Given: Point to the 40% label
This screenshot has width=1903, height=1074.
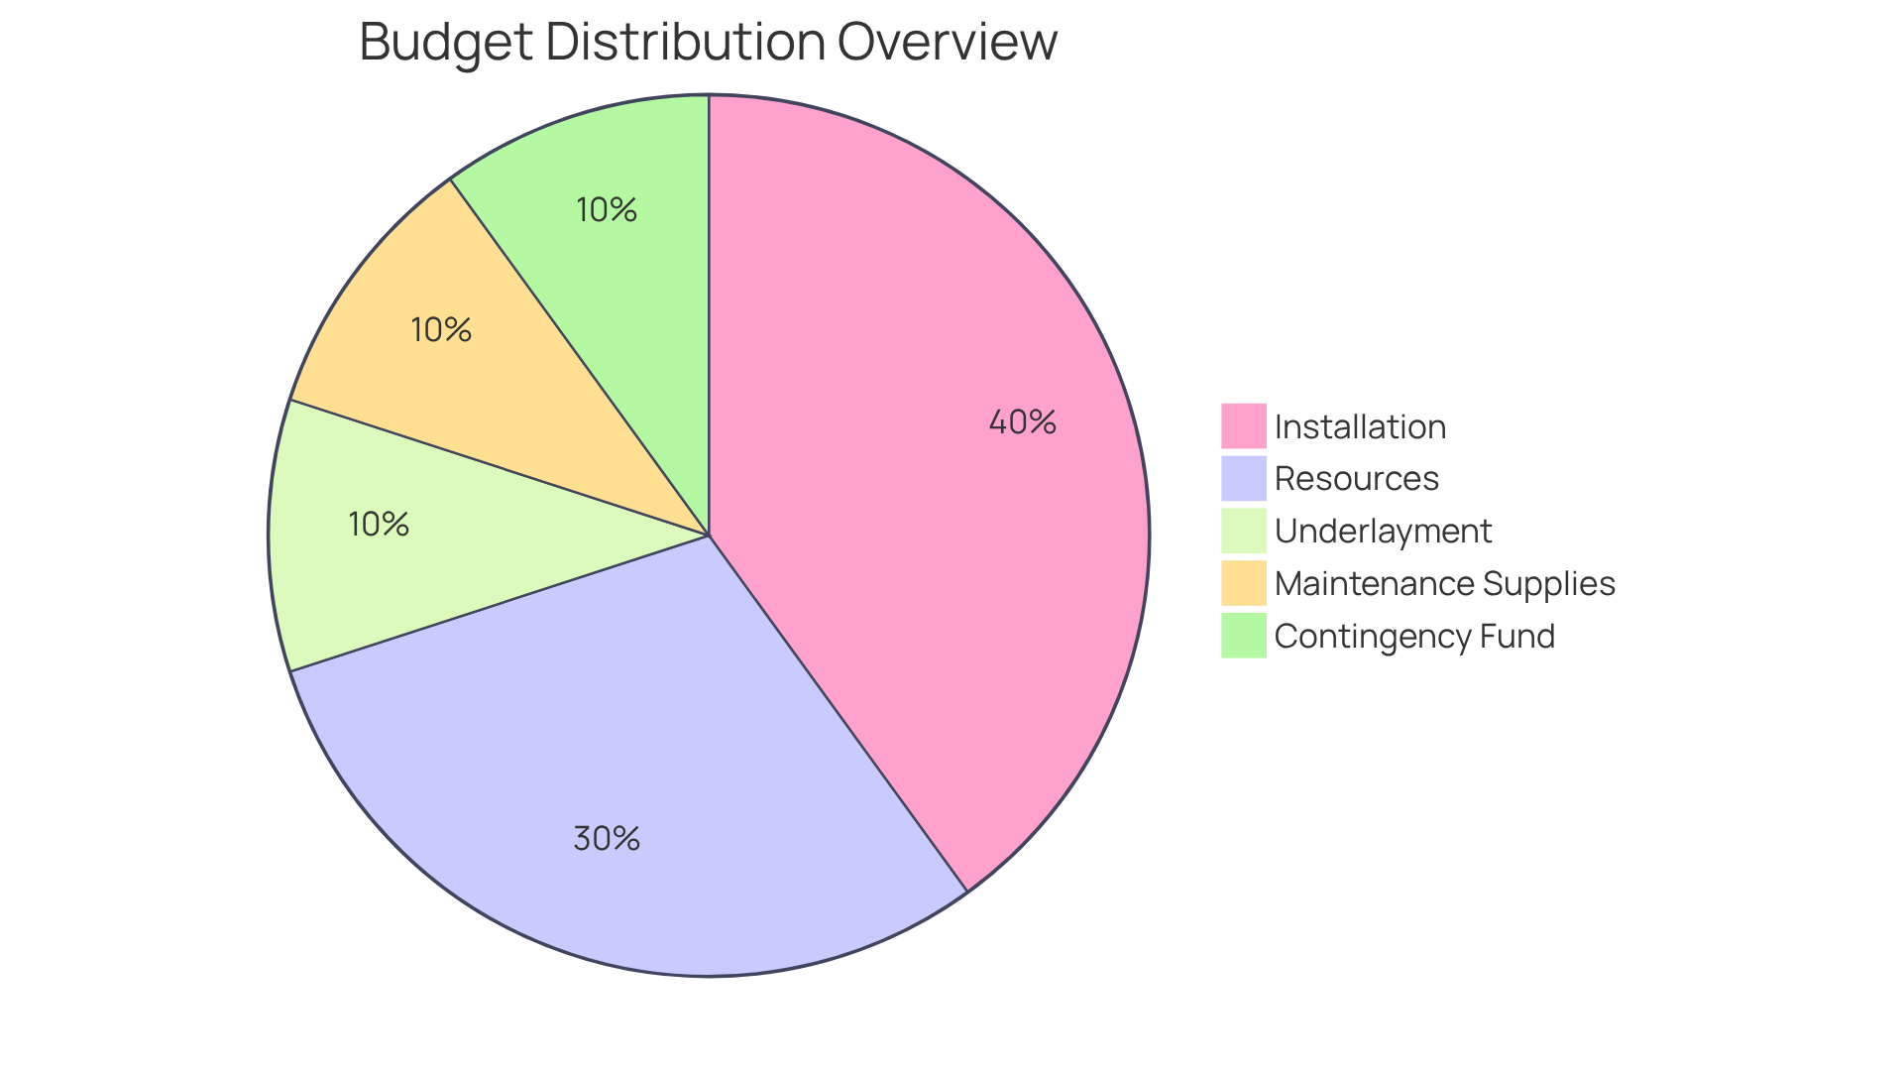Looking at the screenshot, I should click(1022, 422).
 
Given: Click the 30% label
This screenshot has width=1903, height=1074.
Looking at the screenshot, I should click(607, 839).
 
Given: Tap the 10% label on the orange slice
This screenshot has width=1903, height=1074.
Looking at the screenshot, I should click(441, 330).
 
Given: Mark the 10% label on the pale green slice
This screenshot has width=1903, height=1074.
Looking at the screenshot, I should click(379, 525).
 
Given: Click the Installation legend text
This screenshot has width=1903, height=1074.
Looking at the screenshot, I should click(1360, 427).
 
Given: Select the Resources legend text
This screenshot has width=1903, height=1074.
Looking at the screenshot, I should click(1356, 479).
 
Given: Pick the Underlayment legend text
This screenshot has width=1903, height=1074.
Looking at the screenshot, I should click(1383, 532).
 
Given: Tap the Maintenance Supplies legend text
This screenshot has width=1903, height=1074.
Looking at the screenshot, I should click(1444, 584).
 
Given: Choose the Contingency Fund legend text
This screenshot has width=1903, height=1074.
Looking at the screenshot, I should click(1414, 637).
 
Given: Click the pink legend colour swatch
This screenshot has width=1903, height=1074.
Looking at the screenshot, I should click(1243, 426).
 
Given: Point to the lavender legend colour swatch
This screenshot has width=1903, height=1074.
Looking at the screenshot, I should click(1243, 478).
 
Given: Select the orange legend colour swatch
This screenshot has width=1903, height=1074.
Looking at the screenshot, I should click(1243, 583).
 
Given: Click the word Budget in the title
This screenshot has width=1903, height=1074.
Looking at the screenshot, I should click(446, 43).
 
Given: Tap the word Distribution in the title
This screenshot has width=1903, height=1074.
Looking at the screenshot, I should click(685, 43).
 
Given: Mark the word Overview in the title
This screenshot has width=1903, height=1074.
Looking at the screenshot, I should click(947, 43).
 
